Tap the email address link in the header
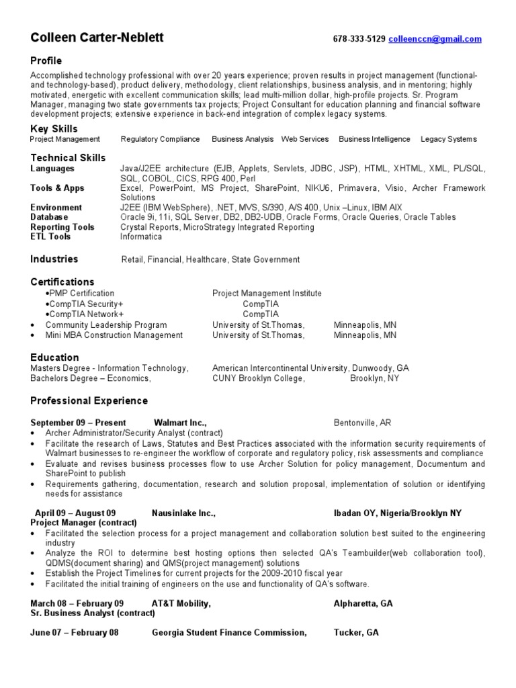coord(435,40)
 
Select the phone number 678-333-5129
coord(359,40)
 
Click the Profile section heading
coord(46,60)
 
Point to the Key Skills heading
coord(54,128)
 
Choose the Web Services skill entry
coord(305,139)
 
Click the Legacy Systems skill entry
coord(448,139)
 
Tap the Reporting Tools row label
coord(62,227)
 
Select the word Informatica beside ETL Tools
coord(141,236)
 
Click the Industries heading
coord(54,259)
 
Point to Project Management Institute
coord(267,293)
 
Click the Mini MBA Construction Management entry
coord(105,335)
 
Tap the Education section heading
coord(54,357)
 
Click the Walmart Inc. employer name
coord(179,423)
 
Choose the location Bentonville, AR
coord(362,423)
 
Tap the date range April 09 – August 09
coord(75,513)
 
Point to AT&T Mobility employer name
coord(181,603)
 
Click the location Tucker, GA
coord(356,632)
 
